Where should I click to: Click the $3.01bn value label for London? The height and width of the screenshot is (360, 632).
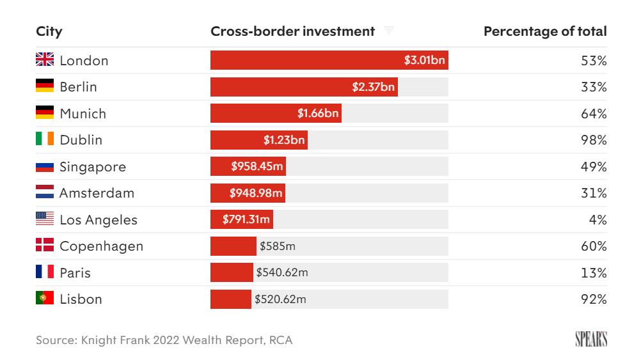point(425,61)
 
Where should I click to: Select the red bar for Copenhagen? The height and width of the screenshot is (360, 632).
point(233,246)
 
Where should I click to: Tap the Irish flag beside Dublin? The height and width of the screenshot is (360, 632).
point(45,139)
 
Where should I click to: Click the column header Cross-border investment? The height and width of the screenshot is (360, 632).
point(292,31)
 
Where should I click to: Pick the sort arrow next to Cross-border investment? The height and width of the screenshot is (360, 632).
point(388,31)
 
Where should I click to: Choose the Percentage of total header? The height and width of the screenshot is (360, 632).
point(545,31)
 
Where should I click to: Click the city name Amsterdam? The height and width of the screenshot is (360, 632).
point(97,193)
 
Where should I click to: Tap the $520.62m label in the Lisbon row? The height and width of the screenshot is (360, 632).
point(281,299)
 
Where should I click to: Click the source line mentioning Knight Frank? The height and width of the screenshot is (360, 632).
point(164,340)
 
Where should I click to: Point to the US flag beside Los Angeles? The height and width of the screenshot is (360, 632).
point(45,219)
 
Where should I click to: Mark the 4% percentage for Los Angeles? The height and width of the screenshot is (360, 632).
point(598,220)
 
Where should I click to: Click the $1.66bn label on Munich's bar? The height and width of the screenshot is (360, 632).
point(318,114)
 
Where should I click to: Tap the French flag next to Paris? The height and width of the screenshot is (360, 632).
point(45,272)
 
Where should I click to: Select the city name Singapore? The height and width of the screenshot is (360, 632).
point(93,167)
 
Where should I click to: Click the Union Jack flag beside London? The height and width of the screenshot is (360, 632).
point(45,60)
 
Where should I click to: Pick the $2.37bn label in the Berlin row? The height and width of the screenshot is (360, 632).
point(374,87)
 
